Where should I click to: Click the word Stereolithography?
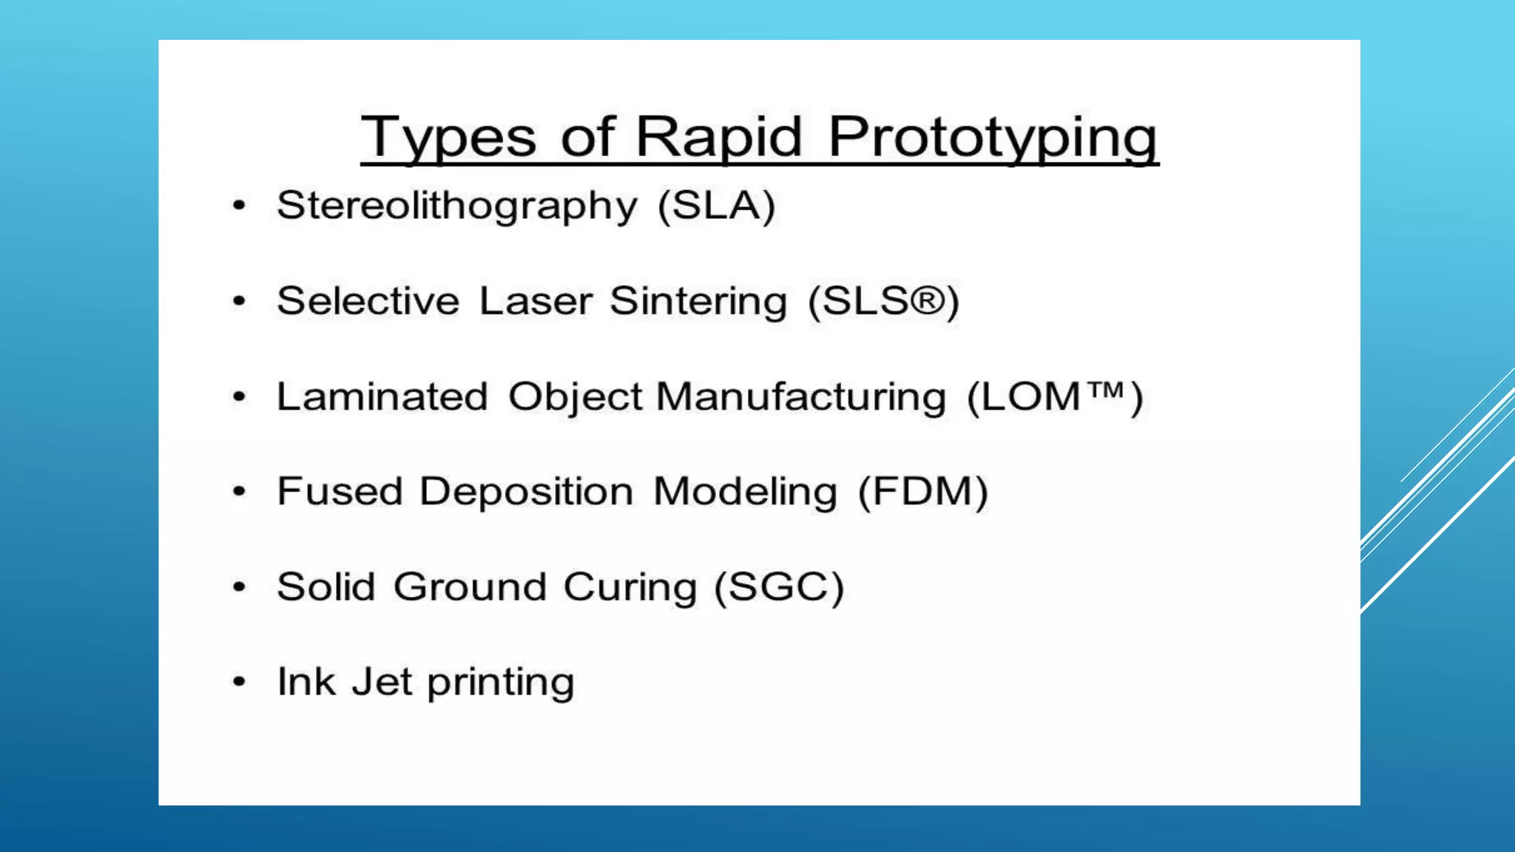[x=456, y=206]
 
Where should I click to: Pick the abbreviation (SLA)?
[x=717, y=205]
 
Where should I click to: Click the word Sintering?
[x=698, y=301]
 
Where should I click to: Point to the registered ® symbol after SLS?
[x=928, y=300]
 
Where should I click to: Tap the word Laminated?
[x=382, y=396]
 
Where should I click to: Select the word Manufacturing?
[x=801, y=396]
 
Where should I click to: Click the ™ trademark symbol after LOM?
[x=1107, y=389]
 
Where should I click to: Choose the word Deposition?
[x=526, y=492]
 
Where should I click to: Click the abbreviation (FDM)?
[x=922, y=492]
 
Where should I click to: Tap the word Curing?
[x=630, y=587]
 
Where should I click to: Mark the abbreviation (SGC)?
[x=779, y=587]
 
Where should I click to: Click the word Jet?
[x=382, y=682]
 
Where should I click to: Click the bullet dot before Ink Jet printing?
[x=238, y=682]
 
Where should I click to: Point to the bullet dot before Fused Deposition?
[x=238, y=492]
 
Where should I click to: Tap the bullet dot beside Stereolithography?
[x=238, y=206]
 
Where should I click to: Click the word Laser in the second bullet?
[x=536, y=301]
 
